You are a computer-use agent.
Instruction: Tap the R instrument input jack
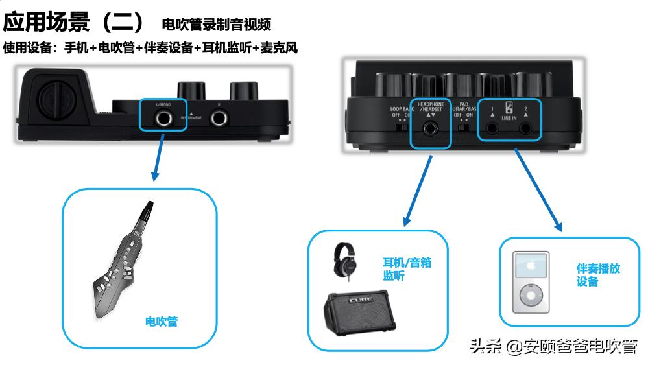[219, 117]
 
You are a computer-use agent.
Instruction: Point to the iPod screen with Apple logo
[531, 267]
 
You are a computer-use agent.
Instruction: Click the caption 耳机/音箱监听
[407, 268]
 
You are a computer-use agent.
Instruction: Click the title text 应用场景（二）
[77, 23]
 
